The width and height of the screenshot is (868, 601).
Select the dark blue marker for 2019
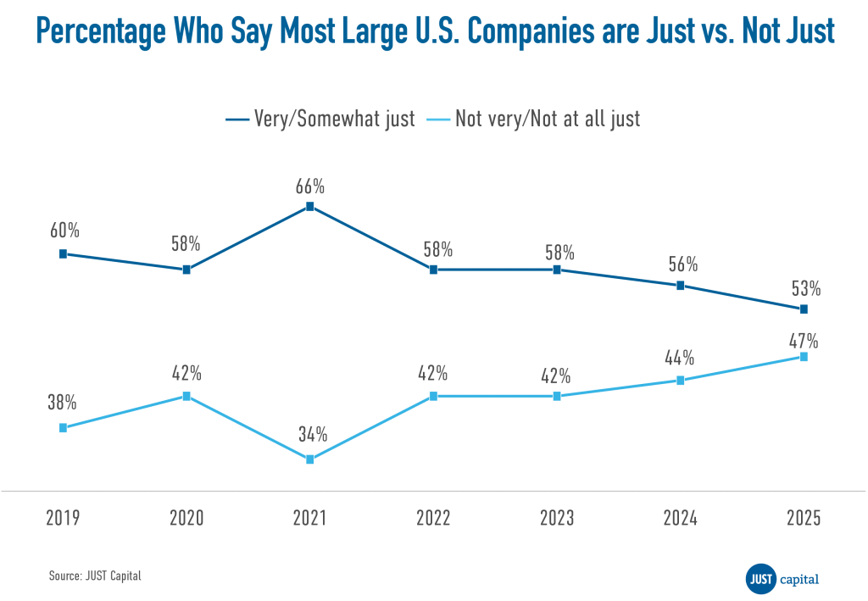[x=63, y=253]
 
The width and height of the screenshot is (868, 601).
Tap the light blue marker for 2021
[x=309, y=459]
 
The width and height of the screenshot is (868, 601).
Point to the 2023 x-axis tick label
[x=557, y=518]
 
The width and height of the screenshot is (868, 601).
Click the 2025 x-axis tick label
[x=804, y=518]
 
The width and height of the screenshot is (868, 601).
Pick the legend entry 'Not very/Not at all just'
[x=547, y=119]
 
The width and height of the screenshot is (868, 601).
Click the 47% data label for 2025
[x=804, y=341]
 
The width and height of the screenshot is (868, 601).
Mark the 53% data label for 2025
[x=804, y=287]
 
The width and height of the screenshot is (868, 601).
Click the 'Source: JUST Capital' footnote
[x=94, y=576]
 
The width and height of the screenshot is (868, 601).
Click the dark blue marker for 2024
[x=680, y=286]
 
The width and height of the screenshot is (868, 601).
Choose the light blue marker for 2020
[x=186, y=396]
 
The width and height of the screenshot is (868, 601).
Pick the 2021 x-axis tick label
[x=309, y=518]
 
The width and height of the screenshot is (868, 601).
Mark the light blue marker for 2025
[x=804, y=357]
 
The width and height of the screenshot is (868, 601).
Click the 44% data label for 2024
[x=680, y=357]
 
